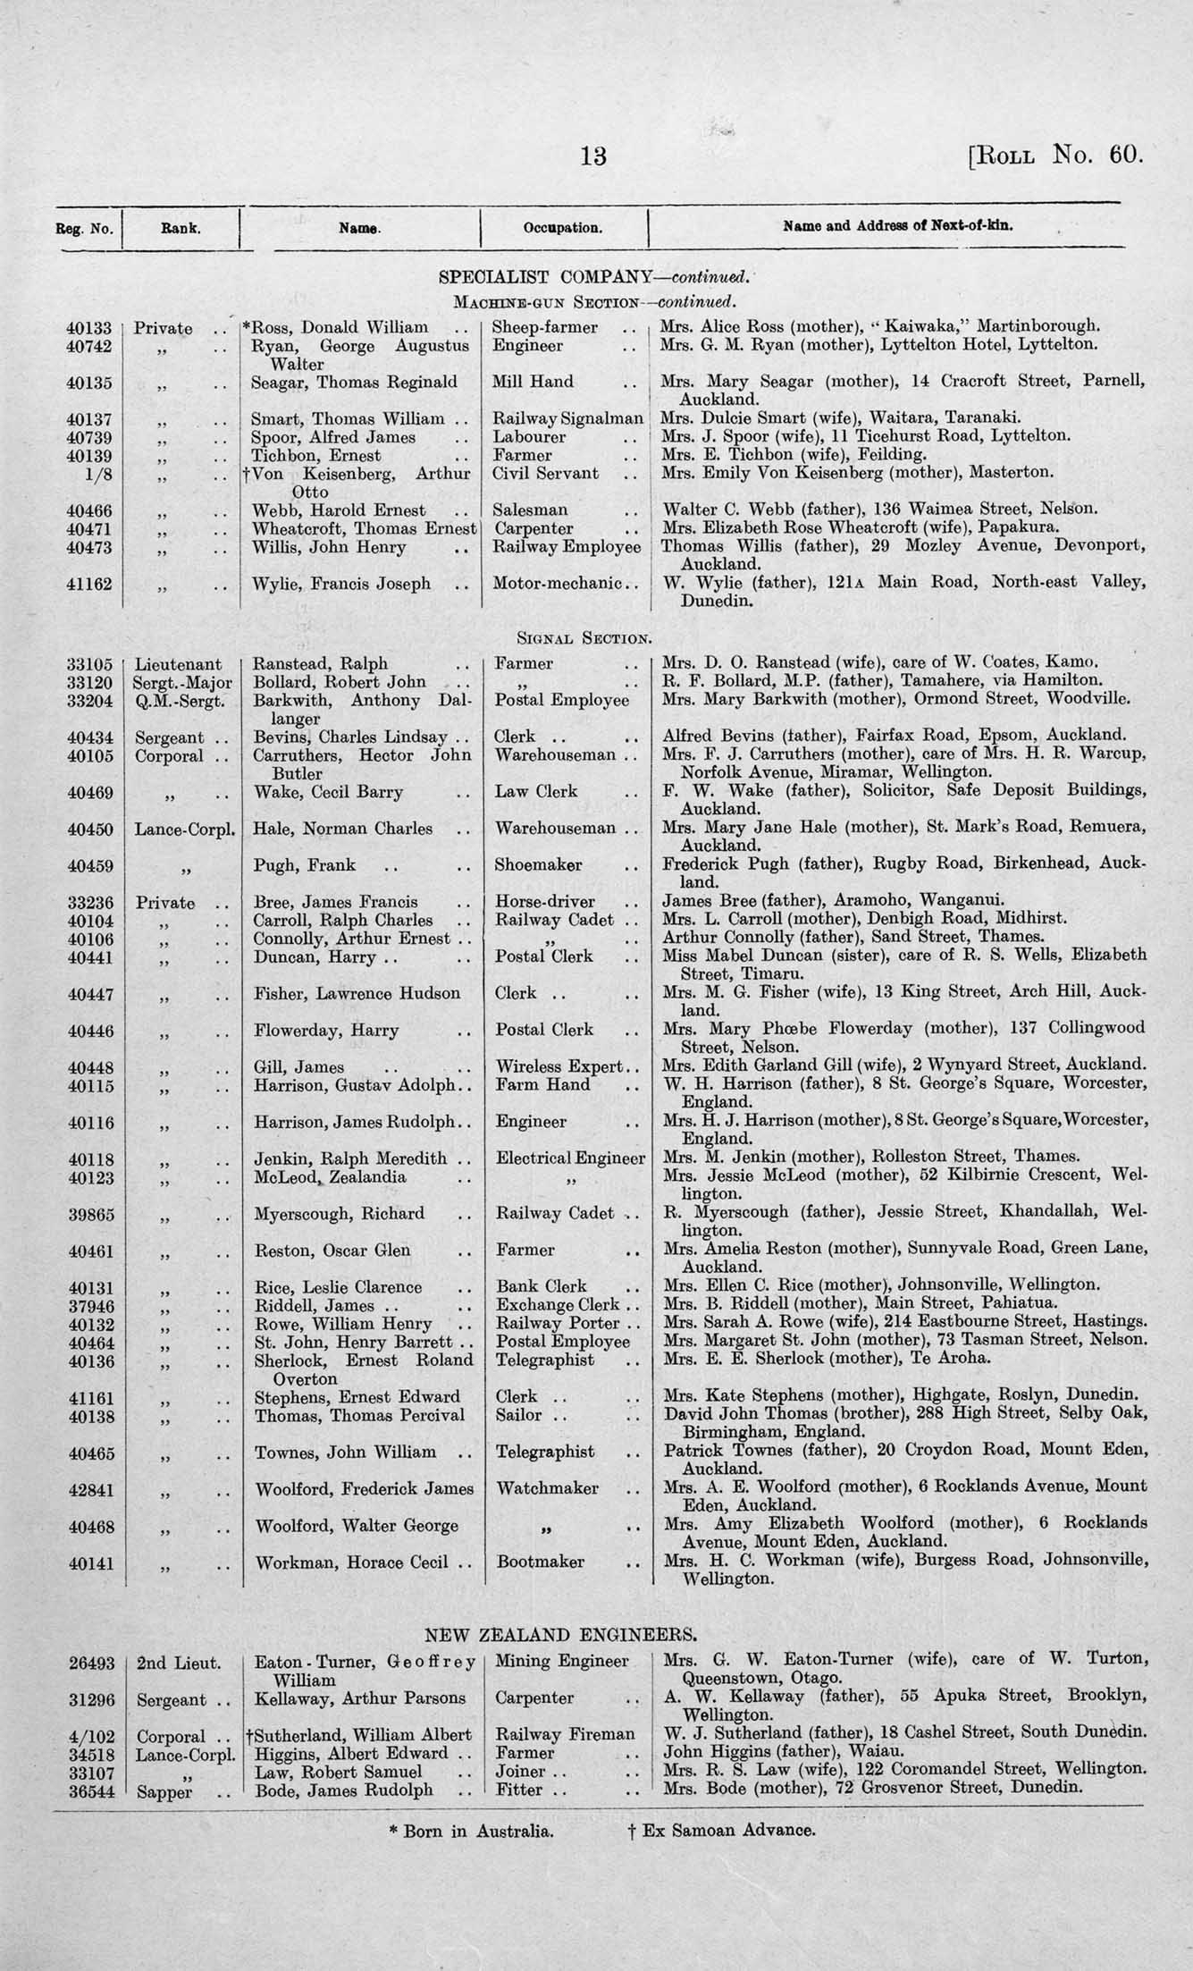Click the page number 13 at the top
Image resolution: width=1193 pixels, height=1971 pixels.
(x=593, y=156)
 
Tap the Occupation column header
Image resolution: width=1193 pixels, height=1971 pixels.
(x=563, y=228)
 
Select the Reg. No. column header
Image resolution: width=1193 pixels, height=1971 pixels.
(x=85, y=228)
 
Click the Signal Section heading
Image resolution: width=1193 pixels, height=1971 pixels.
(x=584, y=638)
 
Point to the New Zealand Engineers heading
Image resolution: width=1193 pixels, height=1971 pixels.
(x=560, y=1635)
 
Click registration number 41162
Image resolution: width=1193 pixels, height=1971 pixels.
(x=90, y=584)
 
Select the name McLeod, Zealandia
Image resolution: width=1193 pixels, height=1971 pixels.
(x=330, y=1177)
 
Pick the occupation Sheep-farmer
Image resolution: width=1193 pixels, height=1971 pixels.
(x=545, y=327)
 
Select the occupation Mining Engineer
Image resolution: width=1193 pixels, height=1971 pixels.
(x=561, y=1662)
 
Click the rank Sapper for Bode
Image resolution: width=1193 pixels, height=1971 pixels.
(x=165, y=1790)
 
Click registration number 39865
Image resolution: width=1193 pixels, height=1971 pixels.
(x=90, y=1214)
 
